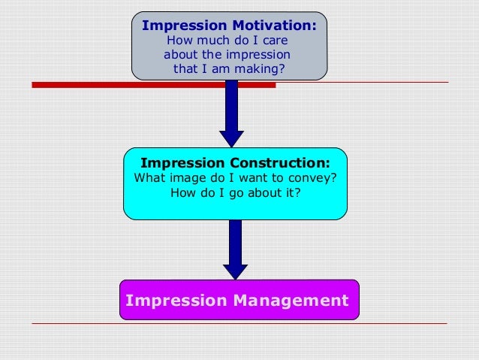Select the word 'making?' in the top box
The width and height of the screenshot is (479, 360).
[260, 69]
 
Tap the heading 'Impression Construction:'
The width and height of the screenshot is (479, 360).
[235, 162]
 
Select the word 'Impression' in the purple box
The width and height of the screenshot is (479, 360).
[178, 301]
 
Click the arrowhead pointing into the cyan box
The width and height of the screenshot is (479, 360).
[231, 139]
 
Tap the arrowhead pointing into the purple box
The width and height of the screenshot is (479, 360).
[236, 271]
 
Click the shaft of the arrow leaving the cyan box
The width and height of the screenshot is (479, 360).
[236, 241]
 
